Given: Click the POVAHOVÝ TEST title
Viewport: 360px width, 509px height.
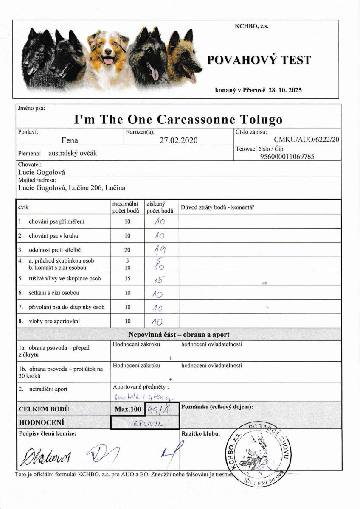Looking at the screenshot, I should pos(259,60).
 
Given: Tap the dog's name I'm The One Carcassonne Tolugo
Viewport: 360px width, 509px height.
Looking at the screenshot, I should pos(178,119).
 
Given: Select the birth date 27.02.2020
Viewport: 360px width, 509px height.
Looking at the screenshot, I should pos(179,140).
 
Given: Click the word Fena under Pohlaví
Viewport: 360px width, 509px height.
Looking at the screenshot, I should pos(70,140).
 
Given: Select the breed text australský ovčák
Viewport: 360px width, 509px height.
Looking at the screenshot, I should pos(73,153).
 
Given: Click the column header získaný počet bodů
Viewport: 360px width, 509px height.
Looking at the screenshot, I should pos(160,207).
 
